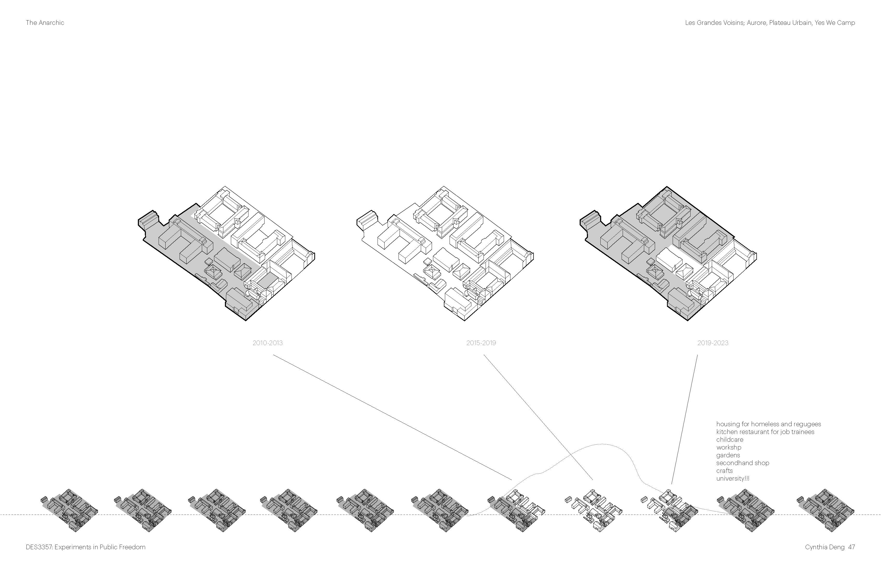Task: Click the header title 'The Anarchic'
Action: [x=45, y=23]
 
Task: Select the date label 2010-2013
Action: [x=267, y=343]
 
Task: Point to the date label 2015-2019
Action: [x=481, y=343]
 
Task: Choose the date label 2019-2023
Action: [x=713, y=343]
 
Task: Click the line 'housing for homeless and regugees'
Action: [x=769, y=424]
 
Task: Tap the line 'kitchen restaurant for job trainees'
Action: [x=765, y=432]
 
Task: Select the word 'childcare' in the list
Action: [x=730, y=439]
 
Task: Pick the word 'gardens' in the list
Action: [x=728, y=455]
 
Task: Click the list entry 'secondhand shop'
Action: [x=743, y=463]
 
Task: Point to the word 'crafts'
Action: [x=724, y=471]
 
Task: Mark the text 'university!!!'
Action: [x=733, y=478]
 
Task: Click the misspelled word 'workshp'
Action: [x=728, y=447]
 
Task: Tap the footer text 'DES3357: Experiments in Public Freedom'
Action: [x=86, y=547]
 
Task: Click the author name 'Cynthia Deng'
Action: [x=824, y=547]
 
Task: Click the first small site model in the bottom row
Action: [x=69, y=510]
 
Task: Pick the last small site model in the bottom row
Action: [x=826, y=510]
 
